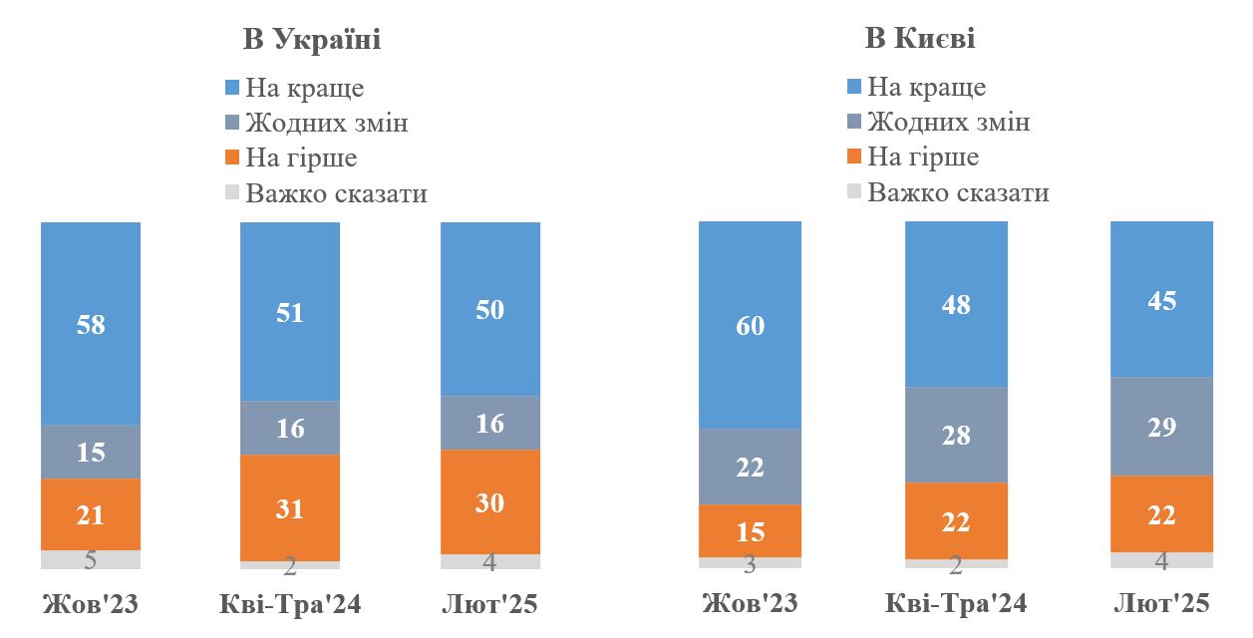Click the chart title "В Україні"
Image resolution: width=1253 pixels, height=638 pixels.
[x=312, y=40]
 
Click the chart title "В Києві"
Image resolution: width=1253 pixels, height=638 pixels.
[x=919, y=39]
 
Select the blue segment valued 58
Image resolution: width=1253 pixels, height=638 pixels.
[x=91, y=324]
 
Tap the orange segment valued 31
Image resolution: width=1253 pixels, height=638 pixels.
[x=290, y=507]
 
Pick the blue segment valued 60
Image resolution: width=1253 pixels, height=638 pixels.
[x=751, y=325]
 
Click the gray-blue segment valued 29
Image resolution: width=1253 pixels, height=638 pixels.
[x=1162, y=427]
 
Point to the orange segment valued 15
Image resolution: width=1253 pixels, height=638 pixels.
[x=751, y=530]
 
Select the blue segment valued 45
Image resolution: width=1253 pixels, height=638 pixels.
[x=1162, y=299]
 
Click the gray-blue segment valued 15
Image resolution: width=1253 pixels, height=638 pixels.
[x=91, y=452]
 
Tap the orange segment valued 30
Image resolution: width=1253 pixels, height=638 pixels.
[x=490, y=501]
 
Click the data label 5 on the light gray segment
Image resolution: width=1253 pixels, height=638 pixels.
[x=91, y=560]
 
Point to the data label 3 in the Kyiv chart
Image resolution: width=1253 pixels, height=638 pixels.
[x=751, y=564]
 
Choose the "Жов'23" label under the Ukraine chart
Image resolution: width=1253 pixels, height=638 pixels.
[x=91, y=604]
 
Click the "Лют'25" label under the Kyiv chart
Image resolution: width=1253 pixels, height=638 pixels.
[x=1161, y=604]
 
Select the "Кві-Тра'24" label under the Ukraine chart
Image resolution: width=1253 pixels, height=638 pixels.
[x=290, y=604]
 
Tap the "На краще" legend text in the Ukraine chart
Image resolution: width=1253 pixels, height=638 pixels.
[x=305, y=88]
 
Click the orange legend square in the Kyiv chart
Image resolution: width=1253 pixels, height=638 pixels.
[x=853, y=158]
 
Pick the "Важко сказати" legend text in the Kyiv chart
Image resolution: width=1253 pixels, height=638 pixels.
[x=958, y=192]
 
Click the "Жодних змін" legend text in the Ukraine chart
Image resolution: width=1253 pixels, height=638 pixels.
[x=327, y=124]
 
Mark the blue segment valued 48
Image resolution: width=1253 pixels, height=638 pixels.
[x=956, y=304]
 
